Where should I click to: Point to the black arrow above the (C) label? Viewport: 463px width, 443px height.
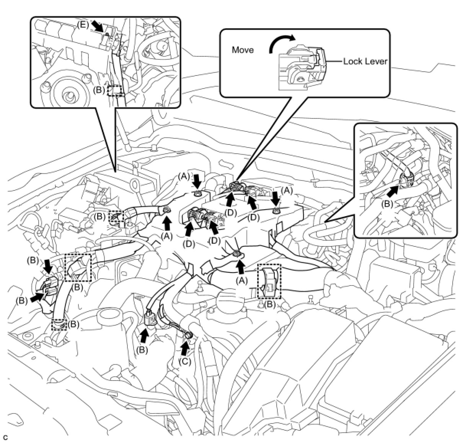(x=185, y=347)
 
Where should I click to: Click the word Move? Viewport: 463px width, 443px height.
(x=243, y=50)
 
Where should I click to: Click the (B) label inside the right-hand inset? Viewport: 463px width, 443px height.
(x=388, y=204)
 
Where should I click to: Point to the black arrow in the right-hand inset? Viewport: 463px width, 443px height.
(x=396, y=189)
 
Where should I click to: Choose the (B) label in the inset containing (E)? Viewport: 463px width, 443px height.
(x=99, y=91)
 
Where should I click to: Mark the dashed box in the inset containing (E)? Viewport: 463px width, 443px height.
(x=115, y=91)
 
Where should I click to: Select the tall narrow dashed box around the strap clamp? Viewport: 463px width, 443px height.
(x=269, y=281)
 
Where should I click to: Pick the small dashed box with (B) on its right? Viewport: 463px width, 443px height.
(x=60, y=324)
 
